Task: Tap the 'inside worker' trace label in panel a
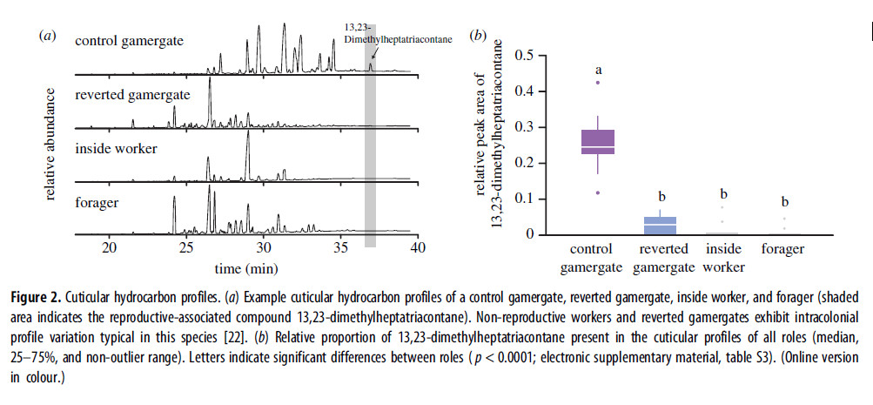(117, 148)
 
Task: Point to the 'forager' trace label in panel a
(97, 203)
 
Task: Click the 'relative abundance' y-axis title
(51, 144)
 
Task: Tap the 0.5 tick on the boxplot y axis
(524, 55)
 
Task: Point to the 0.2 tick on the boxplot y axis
(524, 163)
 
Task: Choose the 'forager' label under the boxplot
(782, 249)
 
